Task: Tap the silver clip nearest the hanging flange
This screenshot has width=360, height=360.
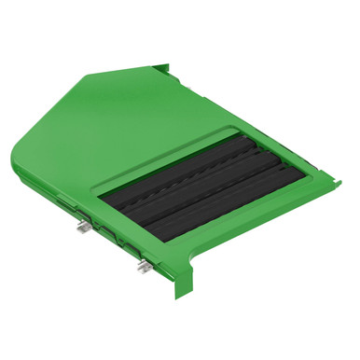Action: [143, 268]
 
